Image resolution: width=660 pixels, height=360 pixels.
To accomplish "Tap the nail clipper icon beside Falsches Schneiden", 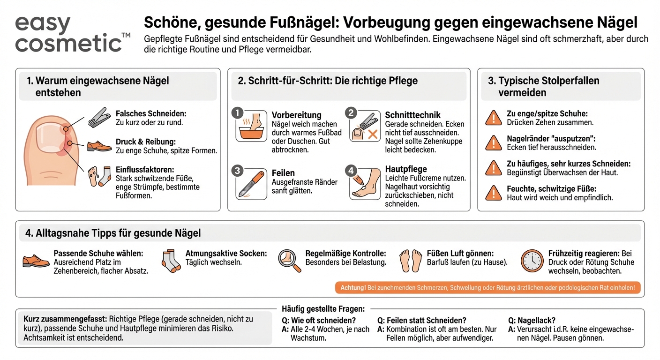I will coord(99,118).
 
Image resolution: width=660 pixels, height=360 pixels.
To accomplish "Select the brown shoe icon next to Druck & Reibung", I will coord(99,146).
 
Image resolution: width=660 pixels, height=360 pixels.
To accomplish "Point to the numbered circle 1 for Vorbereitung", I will coord(238,113).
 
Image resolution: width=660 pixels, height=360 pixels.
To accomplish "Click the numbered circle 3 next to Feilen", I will coord(238,171).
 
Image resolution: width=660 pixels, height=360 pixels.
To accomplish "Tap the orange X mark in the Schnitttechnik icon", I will coord(373,135).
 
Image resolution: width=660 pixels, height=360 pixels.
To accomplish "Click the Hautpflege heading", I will coord(406,169).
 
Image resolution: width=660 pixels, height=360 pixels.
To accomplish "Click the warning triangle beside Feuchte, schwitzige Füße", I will coord(493,193).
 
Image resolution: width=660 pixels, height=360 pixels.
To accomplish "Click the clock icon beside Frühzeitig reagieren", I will coord(532,261).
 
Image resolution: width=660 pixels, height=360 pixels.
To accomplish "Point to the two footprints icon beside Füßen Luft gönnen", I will coord(411,261).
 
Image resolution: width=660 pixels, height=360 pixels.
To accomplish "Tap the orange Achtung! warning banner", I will coord(488,288).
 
